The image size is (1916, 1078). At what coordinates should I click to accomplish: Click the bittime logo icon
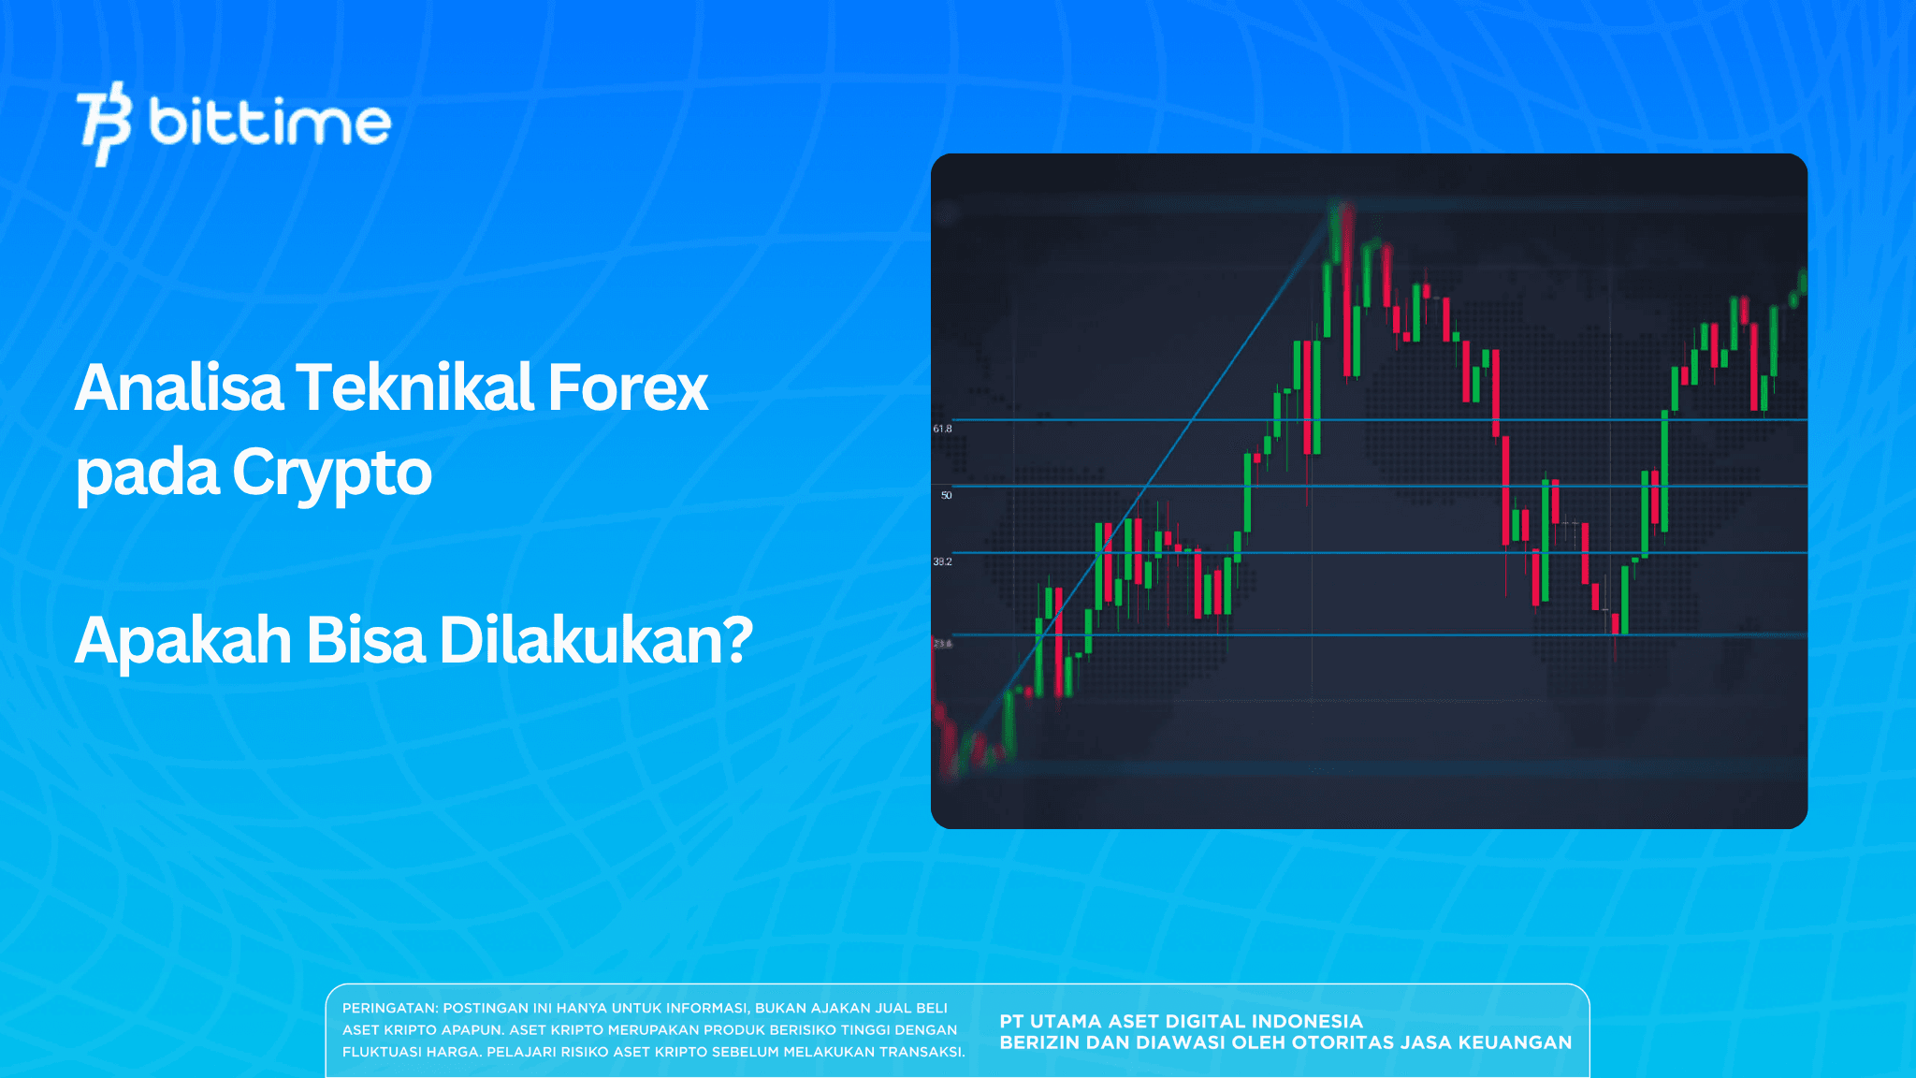point(103,123)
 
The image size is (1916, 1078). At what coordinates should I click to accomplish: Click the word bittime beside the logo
point(269,123)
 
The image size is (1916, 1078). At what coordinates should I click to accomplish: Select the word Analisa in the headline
point(178,387)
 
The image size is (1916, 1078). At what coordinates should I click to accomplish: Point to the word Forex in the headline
point(627,387)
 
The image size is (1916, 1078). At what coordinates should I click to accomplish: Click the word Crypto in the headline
point(331,473)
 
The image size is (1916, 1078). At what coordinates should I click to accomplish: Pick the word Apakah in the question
point(182,641)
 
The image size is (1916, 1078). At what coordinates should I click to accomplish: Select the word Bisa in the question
point(365,641)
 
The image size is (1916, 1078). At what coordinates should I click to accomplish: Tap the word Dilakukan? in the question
point(596,641)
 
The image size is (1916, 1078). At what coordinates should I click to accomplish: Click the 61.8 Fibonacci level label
point(942,429)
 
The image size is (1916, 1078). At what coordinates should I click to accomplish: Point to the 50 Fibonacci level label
point(946,495)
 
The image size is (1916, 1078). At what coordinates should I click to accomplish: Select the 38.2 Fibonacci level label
point(942,561)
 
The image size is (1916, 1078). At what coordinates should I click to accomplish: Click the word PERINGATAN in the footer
point(389,1009)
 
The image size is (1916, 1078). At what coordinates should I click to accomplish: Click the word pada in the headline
point(147,473)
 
